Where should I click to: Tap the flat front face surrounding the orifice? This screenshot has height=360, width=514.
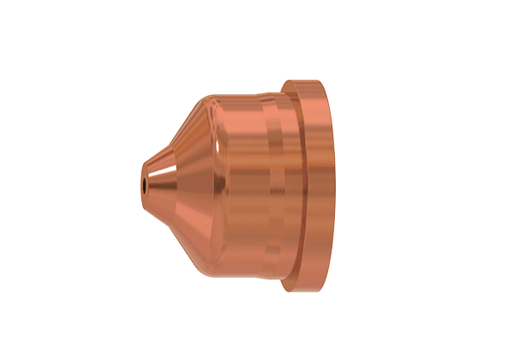[143, 176]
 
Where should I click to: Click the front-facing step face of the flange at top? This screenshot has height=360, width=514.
[291, 86]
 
